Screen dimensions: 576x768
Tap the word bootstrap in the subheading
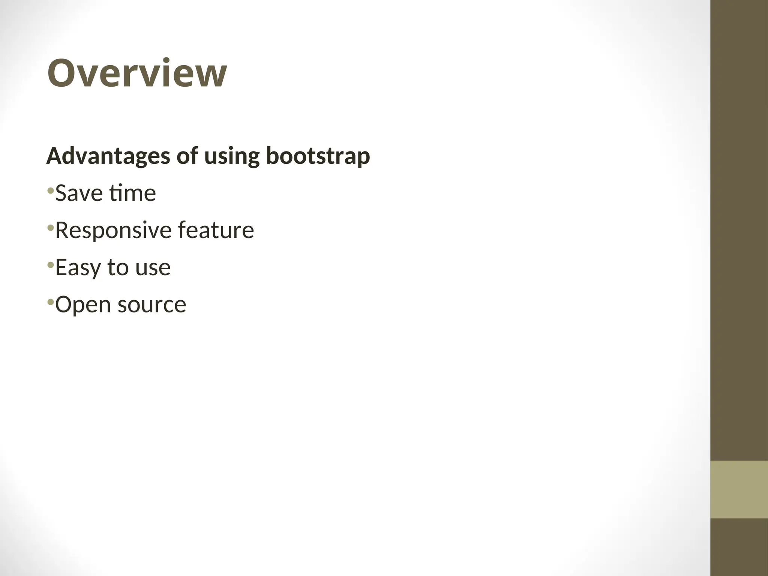point(318,156)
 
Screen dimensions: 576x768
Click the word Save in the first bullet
point(79,193)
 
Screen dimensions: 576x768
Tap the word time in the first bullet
point(132,193)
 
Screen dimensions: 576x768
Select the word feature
point(216,230)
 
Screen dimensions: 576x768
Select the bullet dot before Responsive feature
point(50,228)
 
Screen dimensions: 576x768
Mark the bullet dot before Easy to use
point(50,265)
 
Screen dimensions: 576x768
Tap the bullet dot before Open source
point(50,302)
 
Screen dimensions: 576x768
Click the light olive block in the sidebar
point(739,489)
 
